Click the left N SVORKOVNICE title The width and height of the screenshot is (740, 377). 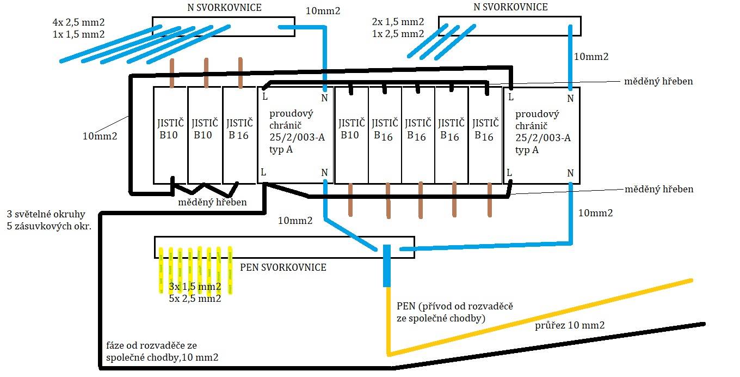(224, 8)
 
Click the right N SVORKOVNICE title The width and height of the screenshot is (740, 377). (510, 7)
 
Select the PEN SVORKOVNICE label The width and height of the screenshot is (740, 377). (283, 267)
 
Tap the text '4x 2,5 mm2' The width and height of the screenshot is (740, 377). (78, 22)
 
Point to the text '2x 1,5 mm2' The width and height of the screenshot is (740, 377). (398, 22)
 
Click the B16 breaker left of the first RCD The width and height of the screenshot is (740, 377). (239, 129)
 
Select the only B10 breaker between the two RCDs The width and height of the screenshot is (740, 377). (351, 129)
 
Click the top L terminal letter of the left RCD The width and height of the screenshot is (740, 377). (265, 97)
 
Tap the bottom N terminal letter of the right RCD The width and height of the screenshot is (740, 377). (570, 173)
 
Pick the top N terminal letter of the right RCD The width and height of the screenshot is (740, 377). (570, 98)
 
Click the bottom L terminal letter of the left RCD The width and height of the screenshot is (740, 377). (263, 172)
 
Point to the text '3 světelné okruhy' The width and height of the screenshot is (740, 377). (46, 214)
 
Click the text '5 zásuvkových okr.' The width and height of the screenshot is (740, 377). (49, 226)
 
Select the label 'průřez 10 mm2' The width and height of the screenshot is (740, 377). (570, 325)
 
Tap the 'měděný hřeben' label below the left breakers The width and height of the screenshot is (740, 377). (212, 202)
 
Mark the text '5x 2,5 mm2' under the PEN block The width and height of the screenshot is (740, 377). (195, 299)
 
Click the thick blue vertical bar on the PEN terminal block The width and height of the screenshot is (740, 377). (387, 265)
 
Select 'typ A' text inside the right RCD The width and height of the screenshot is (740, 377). (527, 150)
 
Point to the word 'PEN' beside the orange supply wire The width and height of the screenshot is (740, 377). (406, 306)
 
